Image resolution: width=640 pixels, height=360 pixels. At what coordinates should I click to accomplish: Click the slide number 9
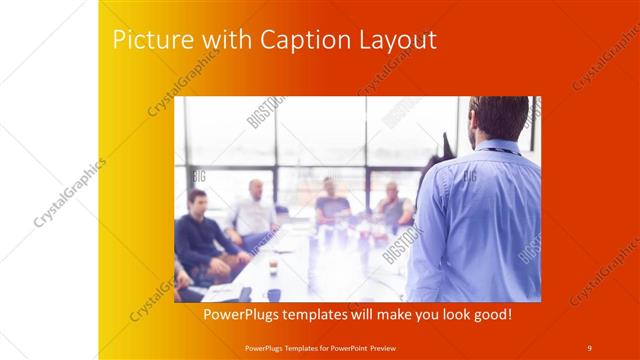pyautogui.click(x=589, y=347)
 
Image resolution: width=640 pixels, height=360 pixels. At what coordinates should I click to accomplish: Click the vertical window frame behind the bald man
pyautogui.click(x=275, y=150)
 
